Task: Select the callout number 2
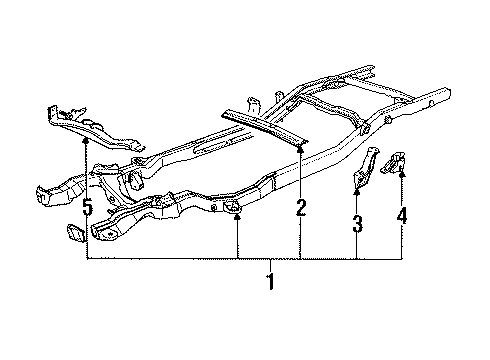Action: [300, 209]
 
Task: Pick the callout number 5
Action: [87, 209]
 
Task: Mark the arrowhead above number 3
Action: [357, 189]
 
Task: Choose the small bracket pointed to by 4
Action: [394, 159]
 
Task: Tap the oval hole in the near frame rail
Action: [229, 207]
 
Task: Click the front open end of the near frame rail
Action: [101, 235]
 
